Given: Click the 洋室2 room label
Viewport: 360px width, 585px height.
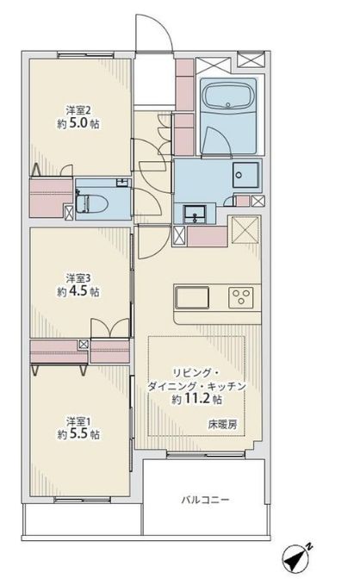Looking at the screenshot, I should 78,110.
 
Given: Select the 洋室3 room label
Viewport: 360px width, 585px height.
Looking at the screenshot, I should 78,278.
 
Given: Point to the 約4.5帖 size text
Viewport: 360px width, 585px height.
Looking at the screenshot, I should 78,291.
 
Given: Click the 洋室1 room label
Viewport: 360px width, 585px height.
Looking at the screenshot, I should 78,421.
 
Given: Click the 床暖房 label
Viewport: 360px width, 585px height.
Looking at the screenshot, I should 222,424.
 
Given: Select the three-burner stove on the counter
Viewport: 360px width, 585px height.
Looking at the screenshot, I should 240,297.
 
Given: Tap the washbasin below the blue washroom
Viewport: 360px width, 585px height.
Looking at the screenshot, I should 192,214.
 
